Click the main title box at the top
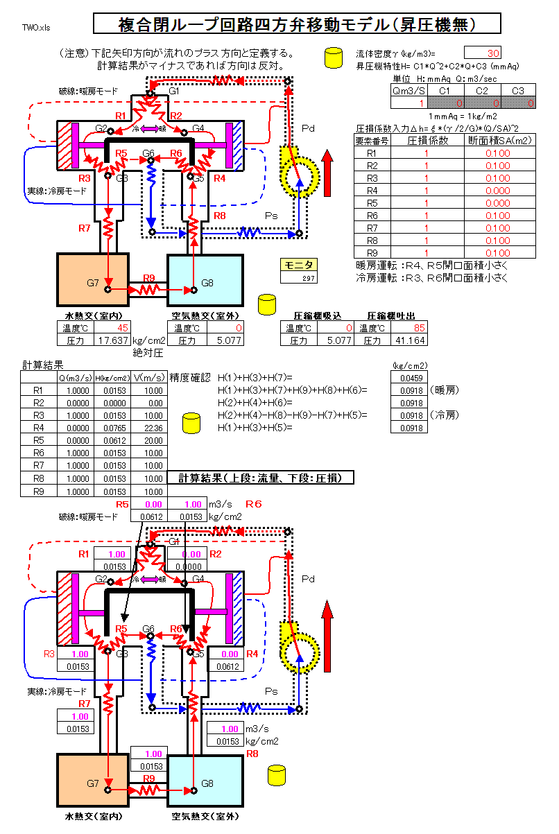tap(296, 24)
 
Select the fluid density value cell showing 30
tap(482, 53)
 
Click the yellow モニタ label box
tap(299, 264)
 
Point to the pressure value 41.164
tap(409, 340)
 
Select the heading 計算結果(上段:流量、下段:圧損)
tap(260, 478)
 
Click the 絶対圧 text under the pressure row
tap(147, 353)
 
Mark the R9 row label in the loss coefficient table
tap(371, 252)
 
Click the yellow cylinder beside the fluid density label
tap(334, 58)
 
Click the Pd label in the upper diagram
tap(308, 130)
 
